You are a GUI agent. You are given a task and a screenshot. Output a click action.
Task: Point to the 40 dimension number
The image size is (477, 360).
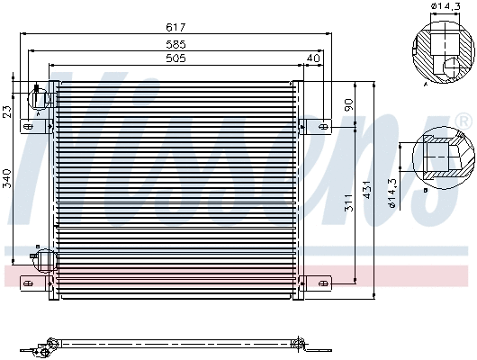313,58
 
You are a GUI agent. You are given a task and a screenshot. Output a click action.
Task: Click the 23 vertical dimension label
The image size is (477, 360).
8,112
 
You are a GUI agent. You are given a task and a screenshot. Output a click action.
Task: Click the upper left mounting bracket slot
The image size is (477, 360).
29,127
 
